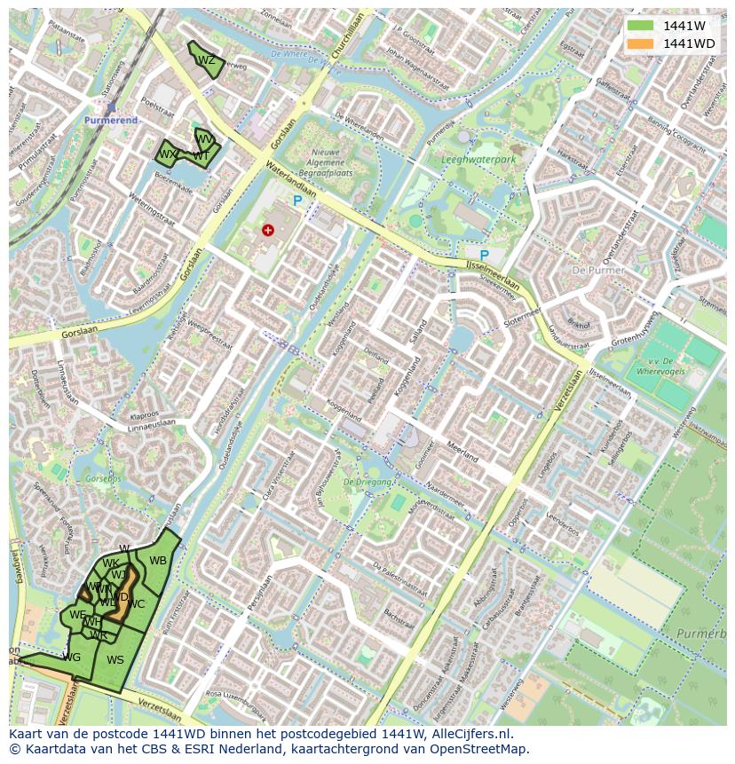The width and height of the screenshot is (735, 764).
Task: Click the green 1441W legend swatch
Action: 638,26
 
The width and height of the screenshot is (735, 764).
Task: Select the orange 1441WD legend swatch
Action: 638,43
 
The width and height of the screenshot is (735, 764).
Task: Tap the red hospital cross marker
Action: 268,230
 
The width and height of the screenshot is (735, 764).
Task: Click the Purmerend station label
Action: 112,120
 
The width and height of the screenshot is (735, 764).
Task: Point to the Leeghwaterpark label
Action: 478,160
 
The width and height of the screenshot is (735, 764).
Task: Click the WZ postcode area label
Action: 206,60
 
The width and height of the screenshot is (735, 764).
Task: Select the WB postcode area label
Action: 158,561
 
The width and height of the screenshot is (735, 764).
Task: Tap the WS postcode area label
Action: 115,660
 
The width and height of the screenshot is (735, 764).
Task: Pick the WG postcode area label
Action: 72,658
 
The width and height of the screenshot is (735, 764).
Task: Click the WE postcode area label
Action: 78,615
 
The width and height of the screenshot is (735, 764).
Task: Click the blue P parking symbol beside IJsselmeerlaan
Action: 484,256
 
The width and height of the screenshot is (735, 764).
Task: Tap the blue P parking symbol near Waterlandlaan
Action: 297,201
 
